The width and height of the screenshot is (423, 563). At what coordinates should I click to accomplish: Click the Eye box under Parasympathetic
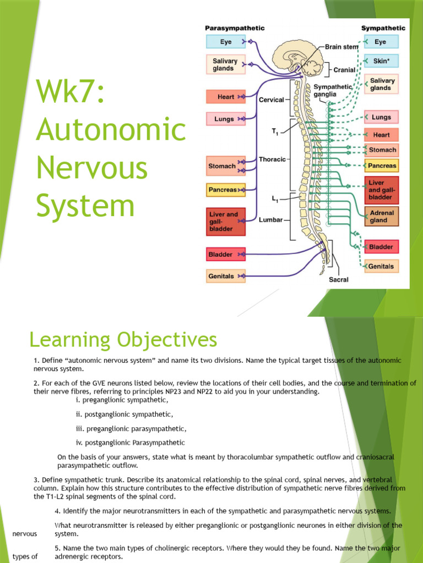[x=225, y=42]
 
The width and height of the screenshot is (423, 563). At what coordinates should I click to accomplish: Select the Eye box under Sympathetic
[x=381, y=42]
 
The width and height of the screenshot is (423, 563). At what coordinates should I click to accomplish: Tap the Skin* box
[x=381, y=61]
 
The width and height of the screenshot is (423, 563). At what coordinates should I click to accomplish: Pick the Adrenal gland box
[x=382, y=217]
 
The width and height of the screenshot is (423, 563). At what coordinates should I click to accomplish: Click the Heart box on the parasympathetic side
[x=225, y=97]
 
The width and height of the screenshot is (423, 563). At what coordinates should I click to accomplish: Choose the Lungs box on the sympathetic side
[x=381, y=117]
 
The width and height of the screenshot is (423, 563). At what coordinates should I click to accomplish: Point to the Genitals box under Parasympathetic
[x=225, y=276]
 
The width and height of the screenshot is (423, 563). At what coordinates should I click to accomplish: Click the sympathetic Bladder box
[x=382, y=247]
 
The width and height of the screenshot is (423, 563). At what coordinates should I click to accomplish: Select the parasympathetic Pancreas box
[x=225, y=190]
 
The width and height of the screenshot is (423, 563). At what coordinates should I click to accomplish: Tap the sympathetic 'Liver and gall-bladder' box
[x=382, y=190]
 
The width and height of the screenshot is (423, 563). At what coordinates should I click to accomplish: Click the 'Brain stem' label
[x=341, y=47]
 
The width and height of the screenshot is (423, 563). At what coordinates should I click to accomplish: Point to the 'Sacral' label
[x=339, y=279]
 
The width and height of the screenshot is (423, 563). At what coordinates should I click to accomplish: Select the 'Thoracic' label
[x=272, y=159]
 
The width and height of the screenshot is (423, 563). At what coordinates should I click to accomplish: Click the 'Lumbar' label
[x=270, y=219]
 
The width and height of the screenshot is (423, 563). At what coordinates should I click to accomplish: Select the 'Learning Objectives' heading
[x=123, y=340]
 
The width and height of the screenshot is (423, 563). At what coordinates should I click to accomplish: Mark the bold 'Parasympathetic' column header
[x=235, y=28]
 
